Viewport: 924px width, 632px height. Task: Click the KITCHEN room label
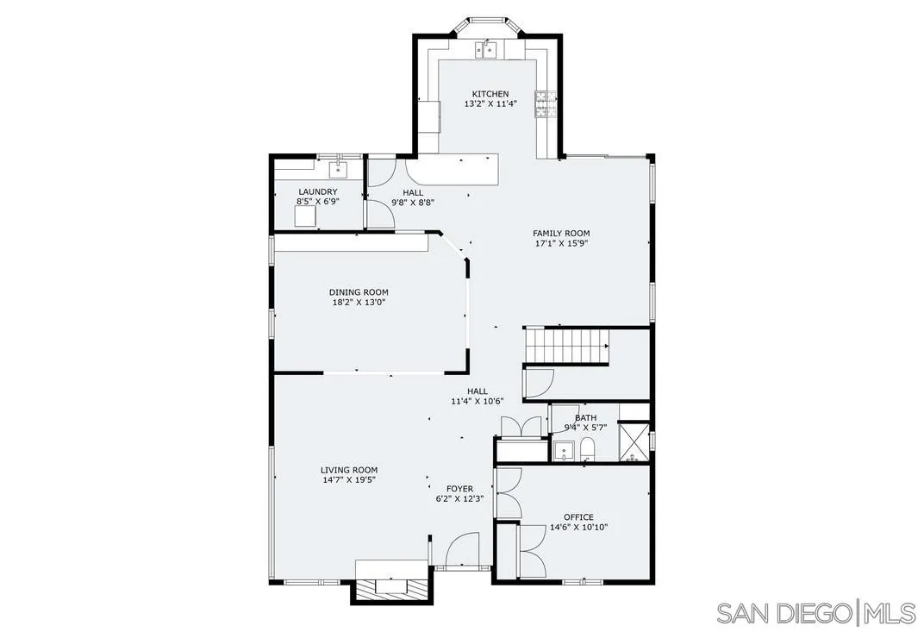click(x=490, y=94)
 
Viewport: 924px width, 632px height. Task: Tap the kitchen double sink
click(x=489, y=49)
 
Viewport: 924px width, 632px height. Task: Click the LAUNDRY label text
click(x=318, y=191)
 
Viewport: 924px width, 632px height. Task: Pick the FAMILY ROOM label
click(x=561, y=234)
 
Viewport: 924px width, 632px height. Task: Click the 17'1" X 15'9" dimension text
click(x=561, y=243)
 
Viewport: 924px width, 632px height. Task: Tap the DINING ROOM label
click(x=359, y=292)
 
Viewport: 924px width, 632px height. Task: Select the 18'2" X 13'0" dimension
click(x=359, y=303)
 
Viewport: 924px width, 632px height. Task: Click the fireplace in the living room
click(x=391, y=585)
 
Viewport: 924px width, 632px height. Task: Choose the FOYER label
click(x=459, y=489)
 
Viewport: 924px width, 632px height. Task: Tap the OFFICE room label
click(x=578, y=517)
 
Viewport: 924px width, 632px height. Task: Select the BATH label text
click(x=585, y=418)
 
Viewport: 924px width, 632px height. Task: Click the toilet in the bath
click(x=587, y=448)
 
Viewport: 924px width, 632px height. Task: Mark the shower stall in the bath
click(x=635, y=441)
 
